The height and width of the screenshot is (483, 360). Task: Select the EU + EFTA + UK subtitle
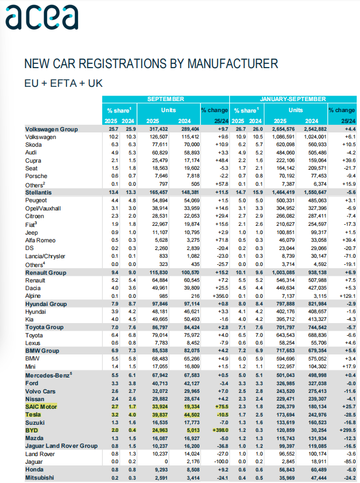[x=64, y=83]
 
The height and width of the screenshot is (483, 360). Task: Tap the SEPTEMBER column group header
[x=165, y=99]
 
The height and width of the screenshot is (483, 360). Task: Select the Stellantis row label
[x=38, y=193]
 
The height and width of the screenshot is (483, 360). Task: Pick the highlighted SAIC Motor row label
[x=41, y=406]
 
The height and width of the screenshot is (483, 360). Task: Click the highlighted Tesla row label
[x=34, y=414]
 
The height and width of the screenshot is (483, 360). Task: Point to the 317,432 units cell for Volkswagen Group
[x=149, y=129]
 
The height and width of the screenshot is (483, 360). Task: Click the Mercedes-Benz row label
[x=48, y=375]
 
